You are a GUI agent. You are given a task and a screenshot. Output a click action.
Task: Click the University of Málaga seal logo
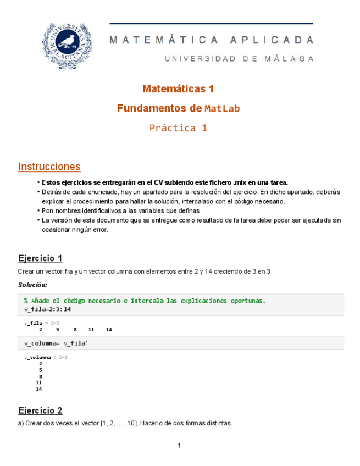click(67, 47)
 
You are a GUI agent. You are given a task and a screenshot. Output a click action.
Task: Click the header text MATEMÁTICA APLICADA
click(212, 40)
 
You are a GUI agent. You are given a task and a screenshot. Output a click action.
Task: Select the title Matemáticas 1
click(178, 88)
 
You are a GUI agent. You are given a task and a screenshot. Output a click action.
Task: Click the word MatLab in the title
click(222, 109)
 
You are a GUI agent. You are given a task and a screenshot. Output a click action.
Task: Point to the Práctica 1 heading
click(178, 128)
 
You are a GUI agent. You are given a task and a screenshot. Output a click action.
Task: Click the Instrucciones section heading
click(49, 167)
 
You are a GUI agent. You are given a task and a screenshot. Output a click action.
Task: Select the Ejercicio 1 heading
click(40, 258)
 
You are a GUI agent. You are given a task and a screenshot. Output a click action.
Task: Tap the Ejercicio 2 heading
click(40, 410)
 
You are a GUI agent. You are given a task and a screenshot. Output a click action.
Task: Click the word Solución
click(32, 285)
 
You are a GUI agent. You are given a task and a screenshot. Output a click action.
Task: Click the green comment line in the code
click(145, 301)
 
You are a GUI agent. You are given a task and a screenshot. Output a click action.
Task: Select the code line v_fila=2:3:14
click(47, 309)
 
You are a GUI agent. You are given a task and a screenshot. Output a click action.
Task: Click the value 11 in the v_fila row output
click(91, 330)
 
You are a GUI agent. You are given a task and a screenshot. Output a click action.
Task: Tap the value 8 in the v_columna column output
click(40, 376)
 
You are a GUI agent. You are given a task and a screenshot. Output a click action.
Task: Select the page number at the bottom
click(179, 446)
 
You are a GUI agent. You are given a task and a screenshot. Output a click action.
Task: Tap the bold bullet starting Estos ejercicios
click(165, 182)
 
